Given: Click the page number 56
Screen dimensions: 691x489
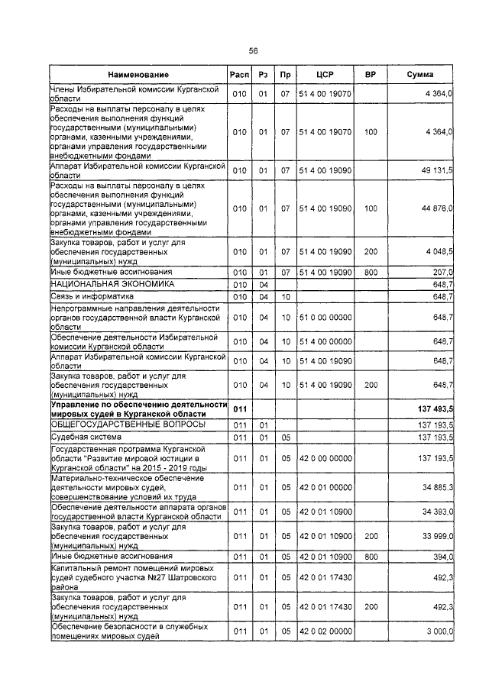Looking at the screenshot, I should coord(253,50).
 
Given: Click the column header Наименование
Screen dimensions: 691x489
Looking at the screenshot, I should coord(138,75).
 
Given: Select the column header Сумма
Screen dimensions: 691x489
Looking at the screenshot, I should coord(420,75).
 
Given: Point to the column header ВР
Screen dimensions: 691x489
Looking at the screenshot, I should coord(371,75).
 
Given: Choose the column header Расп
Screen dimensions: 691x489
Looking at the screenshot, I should coord(239,75).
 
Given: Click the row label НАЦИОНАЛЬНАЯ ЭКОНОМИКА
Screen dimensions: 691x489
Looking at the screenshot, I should coord(102,284).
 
